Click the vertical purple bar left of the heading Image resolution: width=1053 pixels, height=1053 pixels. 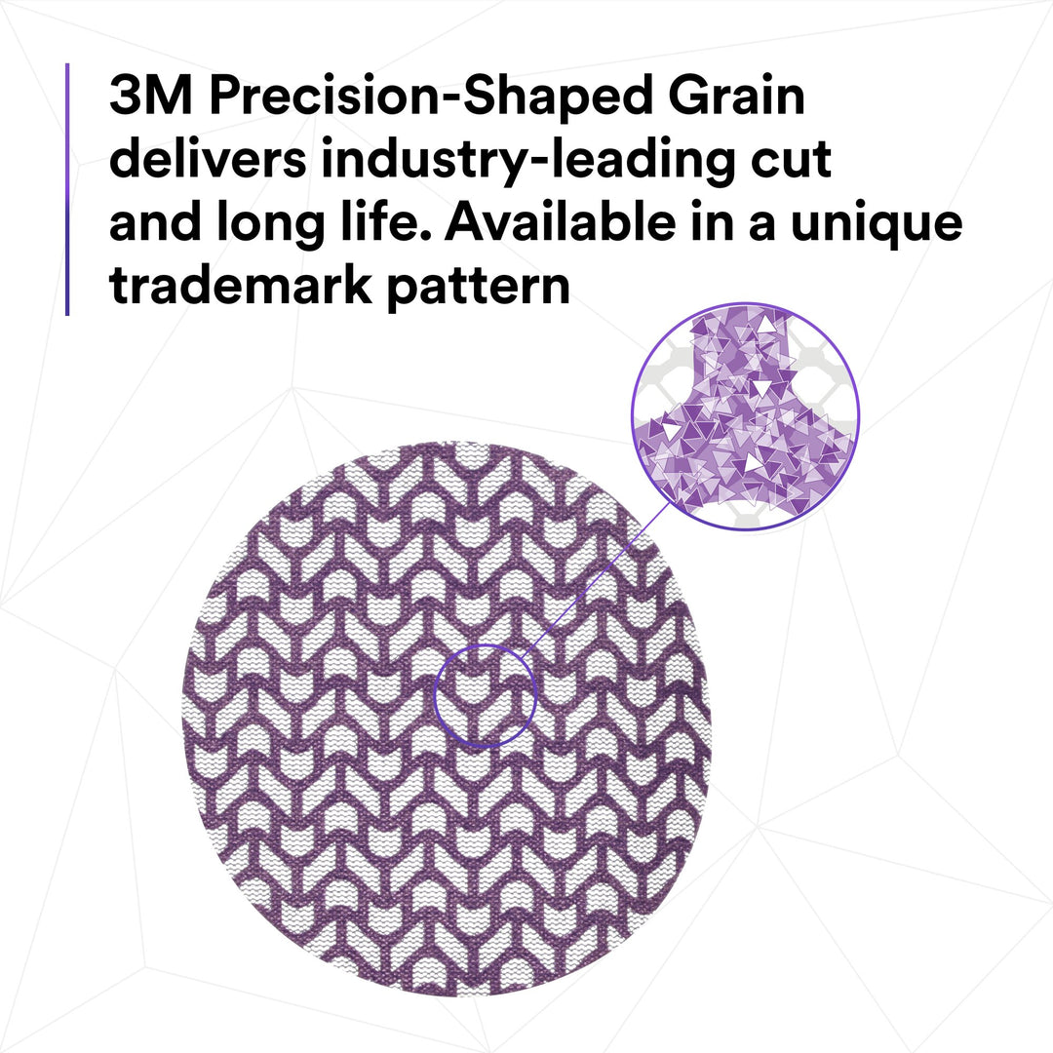pos(67,189)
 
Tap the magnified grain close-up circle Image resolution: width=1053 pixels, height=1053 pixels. pos(745,416)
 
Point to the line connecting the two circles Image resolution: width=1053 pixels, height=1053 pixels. pos(595,574)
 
